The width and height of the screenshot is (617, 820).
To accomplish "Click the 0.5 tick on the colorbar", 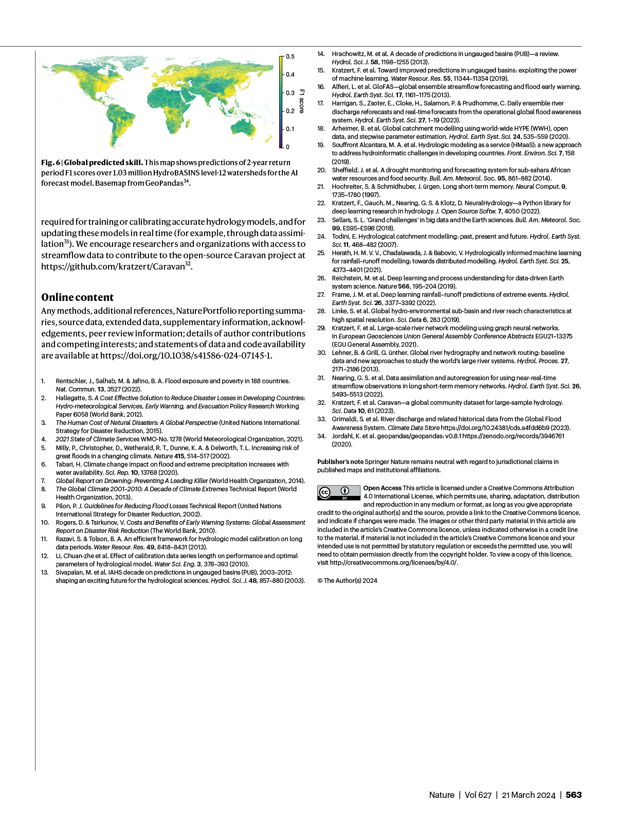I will (x=290, y=57).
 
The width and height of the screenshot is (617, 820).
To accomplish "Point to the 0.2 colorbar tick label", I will (x=290, y=111).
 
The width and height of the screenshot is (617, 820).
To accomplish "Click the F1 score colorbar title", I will (x=302, y=101).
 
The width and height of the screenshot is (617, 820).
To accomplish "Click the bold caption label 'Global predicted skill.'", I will (x=103, y=163).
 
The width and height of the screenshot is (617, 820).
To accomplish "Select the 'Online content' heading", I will (x=78, y=297).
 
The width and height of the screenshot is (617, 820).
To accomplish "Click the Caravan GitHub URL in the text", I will (x=113, y=266).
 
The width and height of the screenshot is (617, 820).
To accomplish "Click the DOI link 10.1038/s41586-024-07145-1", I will (x=186, y=355).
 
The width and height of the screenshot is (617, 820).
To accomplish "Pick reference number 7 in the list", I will (x=44, y=481).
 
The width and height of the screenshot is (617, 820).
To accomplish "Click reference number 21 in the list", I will (x=321, y=187).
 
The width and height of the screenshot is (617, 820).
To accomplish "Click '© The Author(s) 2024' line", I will (x=347, y=581).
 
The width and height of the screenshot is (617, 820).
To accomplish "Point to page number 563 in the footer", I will (x=573, y=795).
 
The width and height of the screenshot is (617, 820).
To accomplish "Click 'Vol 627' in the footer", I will (x=478, y=795).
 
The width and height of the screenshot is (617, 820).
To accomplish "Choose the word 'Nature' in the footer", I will (x=442, y=795).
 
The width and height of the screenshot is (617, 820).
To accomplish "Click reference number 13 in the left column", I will (x=45, y=573).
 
